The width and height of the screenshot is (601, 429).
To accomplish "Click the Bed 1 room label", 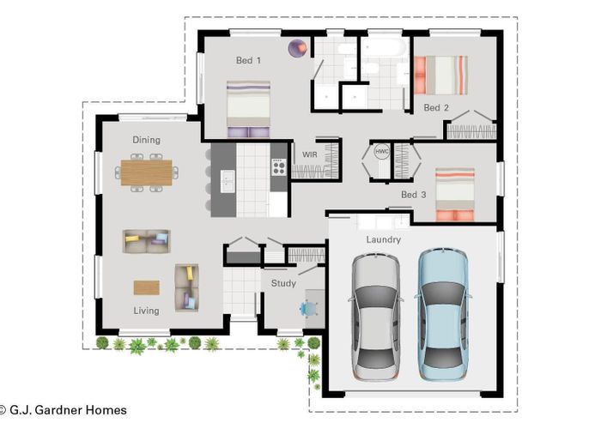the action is click(248, 60).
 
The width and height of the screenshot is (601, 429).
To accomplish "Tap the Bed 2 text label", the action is click(436, 107).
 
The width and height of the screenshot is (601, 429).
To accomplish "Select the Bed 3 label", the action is click(414, 195).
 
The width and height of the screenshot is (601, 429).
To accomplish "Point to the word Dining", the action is click(147, 140).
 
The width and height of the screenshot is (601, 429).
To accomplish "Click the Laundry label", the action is click(383, 239).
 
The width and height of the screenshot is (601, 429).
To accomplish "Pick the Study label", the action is click(283, 283).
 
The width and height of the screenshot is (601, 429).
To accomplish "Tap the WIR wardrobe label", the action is click(310, 154).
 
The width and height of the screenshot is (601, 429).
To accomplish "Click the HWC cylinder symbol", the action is click(382, 151).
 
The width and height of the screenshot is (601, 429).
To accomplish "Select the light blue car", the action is click(443, 315).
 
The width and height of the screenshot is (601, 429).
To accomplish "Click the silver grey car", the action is click(376, 317).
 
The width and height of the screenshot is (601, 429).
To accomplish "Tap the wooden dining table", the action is click(147, 172).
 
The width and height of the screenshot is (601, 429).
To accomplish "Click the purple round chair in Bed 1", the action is click(298, 48).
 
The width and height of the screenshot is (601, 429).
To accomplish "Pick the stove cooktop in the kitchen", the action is click(279, 166).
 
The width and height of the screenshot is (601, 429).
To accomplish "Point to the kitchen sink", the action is click(228, 181).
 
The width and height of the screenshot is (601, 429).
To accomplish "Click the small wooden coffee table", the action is click(147, 287).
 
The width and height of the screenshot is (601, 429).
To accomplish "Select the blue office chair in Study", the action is click(308, 308).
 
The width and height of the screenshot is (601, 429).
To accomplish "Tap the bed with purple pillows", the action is click(248, 109).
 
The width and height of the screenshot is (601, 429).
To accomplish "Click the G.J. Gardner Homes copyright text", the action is click(64, 410).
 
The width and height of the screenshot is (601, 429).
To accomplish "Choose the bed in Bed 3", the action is click(455, 195).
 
